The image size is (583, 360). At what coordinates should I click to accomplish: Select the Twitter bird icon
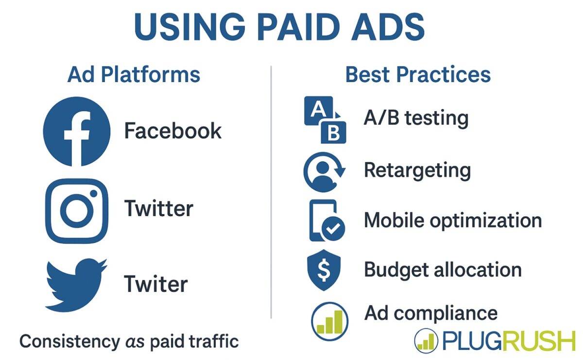tap(75, 285)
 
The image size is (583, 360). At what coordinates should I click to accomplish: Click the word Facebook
tap(172, 131)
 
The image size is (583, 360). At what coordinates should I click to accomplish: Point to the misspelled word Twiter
tap(155, 284)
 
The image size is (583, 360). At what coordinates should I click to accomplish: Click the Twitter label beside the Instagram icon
tap(159, 209)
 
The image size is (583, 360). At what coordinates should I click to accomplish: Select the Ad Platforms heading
tap(134, 75)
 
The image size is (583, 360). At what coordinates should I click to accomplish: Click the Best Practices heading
tap(418, 75)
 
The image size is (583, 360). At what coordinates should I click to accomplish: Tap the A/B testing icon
tap(325, 120)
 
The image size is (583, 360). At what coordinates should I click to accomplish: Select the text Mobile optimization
tap(453, 221)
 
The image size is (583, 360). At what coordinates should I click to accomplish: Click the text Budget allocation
tap(443, 270)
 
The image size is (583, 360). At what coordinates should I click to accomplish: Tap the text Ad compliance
tap(430, 313)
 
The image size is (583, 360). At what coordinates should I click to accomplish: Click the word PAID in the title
tap(283, 27)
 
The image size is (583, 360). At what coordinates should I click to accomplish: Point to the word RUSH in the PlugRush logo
tap(536, 342)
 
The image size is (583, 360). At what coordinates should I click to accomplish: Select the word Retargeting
tap(417, 171)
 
